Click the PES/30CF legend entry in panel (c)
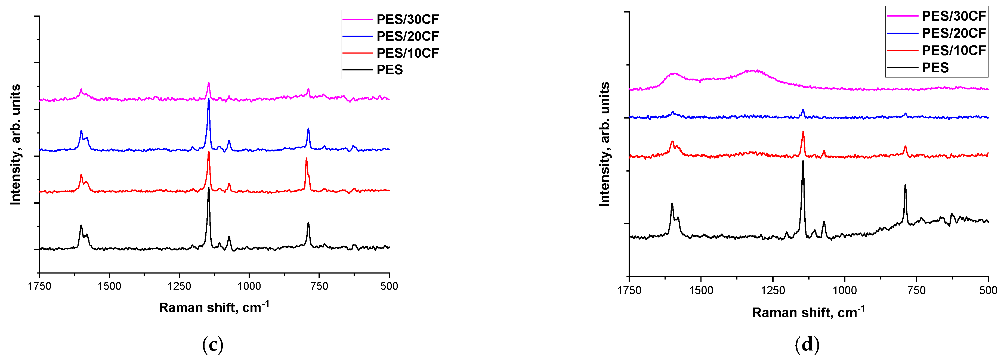(x=407, y=19)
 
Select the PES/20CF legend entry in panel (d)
(x=953, y=33)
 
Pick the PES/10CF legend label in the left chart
(x=407, y=53)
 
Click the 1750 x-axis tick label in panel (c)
(x=39, y=286)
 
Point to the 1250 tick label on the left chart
(x=179, y=286)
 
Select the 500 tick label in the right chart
(x=988, y=290)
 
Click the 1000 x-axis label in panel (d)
(x=845, y=290)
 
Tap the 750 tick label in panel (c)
(x=319, y=286)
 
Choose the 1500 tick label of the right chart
(x=701, y=290)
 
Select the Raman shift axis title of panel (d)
(x=808, y=312)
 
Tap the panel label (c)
(x=213, y=345)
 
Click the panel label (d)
(x=807, y=345)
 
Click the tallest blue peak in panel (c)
(x=209, y=100)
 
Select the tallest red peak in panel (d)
(x=803, y=132)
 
